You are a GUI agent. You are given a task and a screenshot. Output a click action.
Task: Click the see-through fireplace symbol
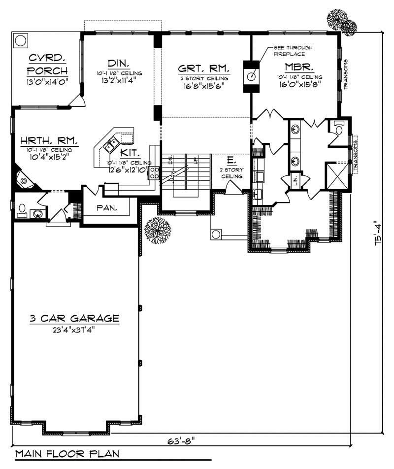point(251,76)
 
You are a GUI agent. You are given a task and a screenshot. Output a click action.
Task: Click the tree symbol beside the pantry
point(158,230)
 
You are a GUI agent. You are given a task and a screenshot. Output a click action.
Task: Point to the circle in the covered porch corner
point(21,40)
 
